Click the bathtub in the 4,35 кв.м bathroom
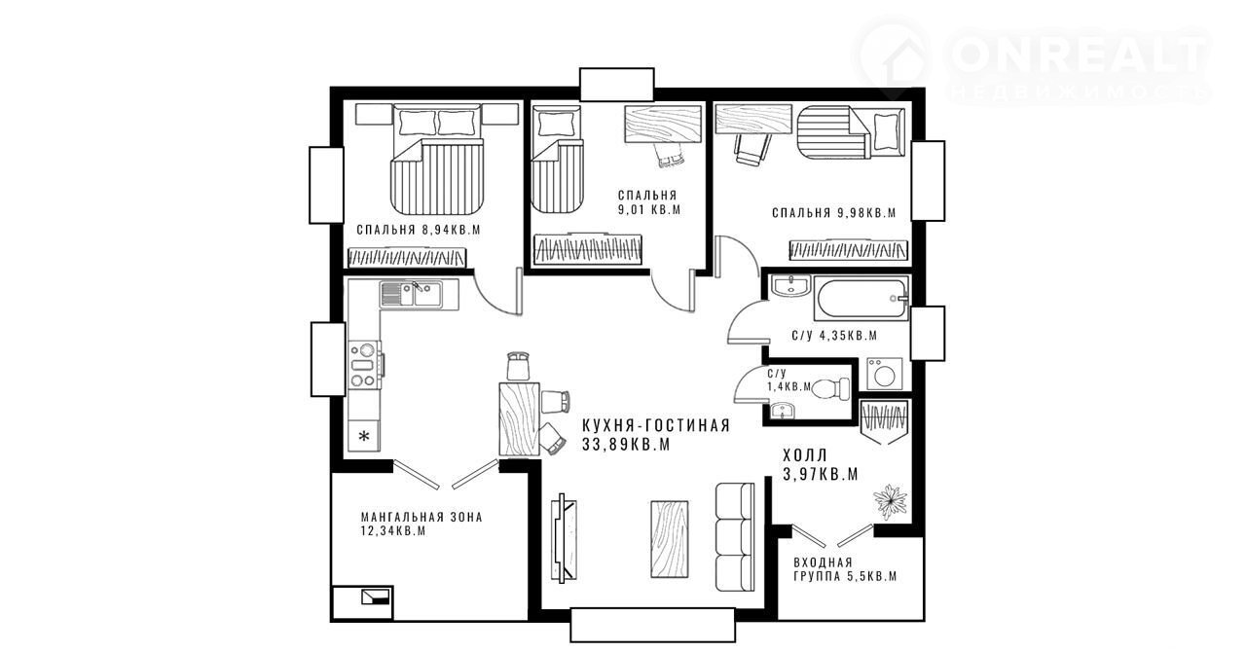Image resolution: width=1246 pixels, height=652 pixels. point(861,298)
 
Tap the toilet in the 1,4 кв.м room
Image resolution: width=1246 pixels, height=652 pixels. point(831,388)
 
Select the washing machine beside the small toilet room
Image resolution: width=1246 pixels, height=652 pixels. point(885,374)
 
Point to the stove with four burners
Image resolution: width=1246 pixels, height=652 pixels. point(364,365)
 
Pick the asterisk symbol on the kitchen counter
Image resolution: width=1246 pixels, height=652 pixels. point(364,436)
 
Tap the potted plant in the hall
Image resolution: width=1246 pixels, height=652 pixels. point(890,501)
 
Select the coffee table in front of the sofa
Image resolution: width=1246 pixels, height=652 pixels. point(670,540)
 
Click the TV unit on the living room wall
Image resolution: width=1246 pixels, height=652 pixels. point(563,538)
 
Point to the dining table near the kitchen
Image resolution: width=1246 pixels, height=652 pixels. point(520,418)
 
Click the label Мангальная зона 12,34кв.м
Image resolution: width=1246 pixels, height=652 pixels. point(421,525)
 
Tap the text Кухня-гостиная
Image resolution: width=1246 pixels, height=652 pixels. point(656,425)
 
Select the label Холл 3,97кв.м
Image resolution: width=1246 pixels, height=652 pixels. point(821,464)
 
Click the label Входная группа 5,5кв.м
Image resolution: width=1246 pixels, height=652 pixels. point(845,569)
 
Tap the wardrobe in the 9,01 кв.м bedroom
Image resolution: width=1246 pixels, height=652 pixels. point(588,249)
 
